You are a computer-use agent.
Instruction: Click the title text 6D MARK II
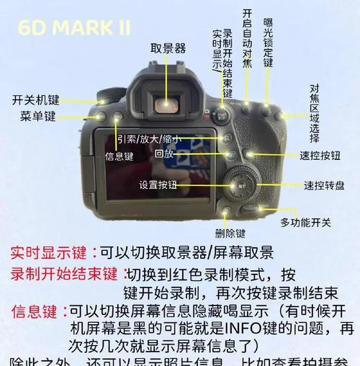[x=76, y=27]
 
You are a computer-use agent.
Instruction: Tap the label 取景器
[x=168, y=48]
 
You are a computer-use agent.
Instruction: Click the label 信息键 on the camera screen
[x=119, y=155]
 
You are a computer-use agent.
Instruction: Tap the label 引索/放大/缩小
[x=149, y=139]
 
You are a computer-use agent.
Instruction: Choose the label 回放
[x=164, y=153]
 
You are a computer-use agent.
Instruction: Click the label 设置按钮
[x=158, y=184]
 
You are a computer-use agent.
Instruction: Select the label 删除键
[x=230, y=233]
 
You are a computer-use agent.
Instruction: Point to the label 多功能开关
[x=305, y=222]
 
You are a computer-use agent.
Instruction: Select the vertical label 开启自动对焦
[x=247, y=38]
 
